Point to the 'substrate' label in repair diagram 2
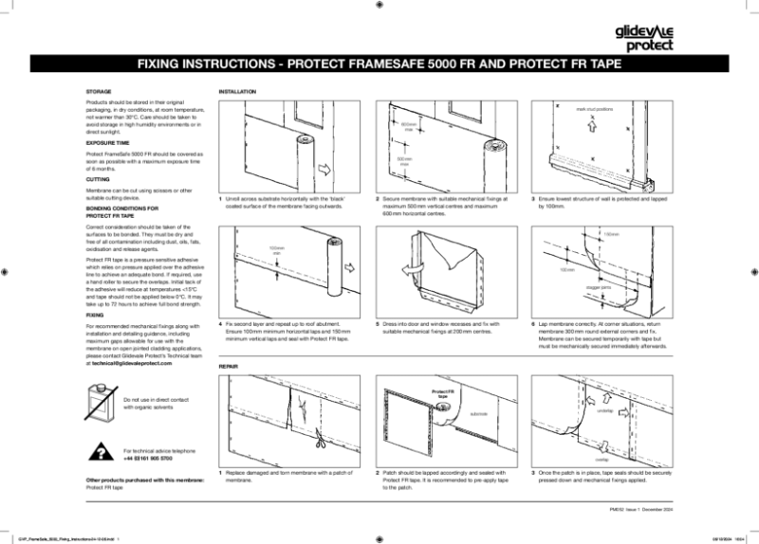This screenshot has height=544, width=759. [479, 414]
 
